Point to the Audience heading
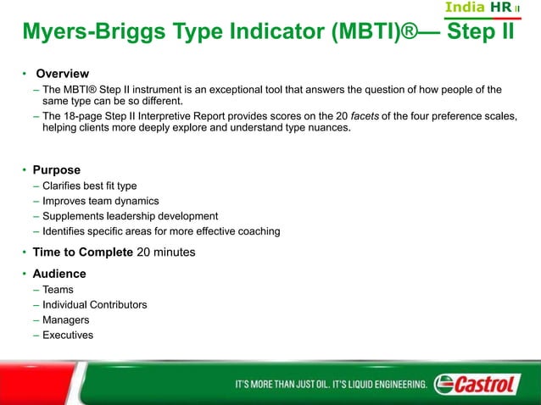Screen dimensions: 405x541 pos(59,274)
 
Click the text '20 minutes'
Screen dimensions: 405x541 pos(168,252)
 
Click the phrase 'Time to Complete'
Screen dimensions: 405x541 pos(82,252)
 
